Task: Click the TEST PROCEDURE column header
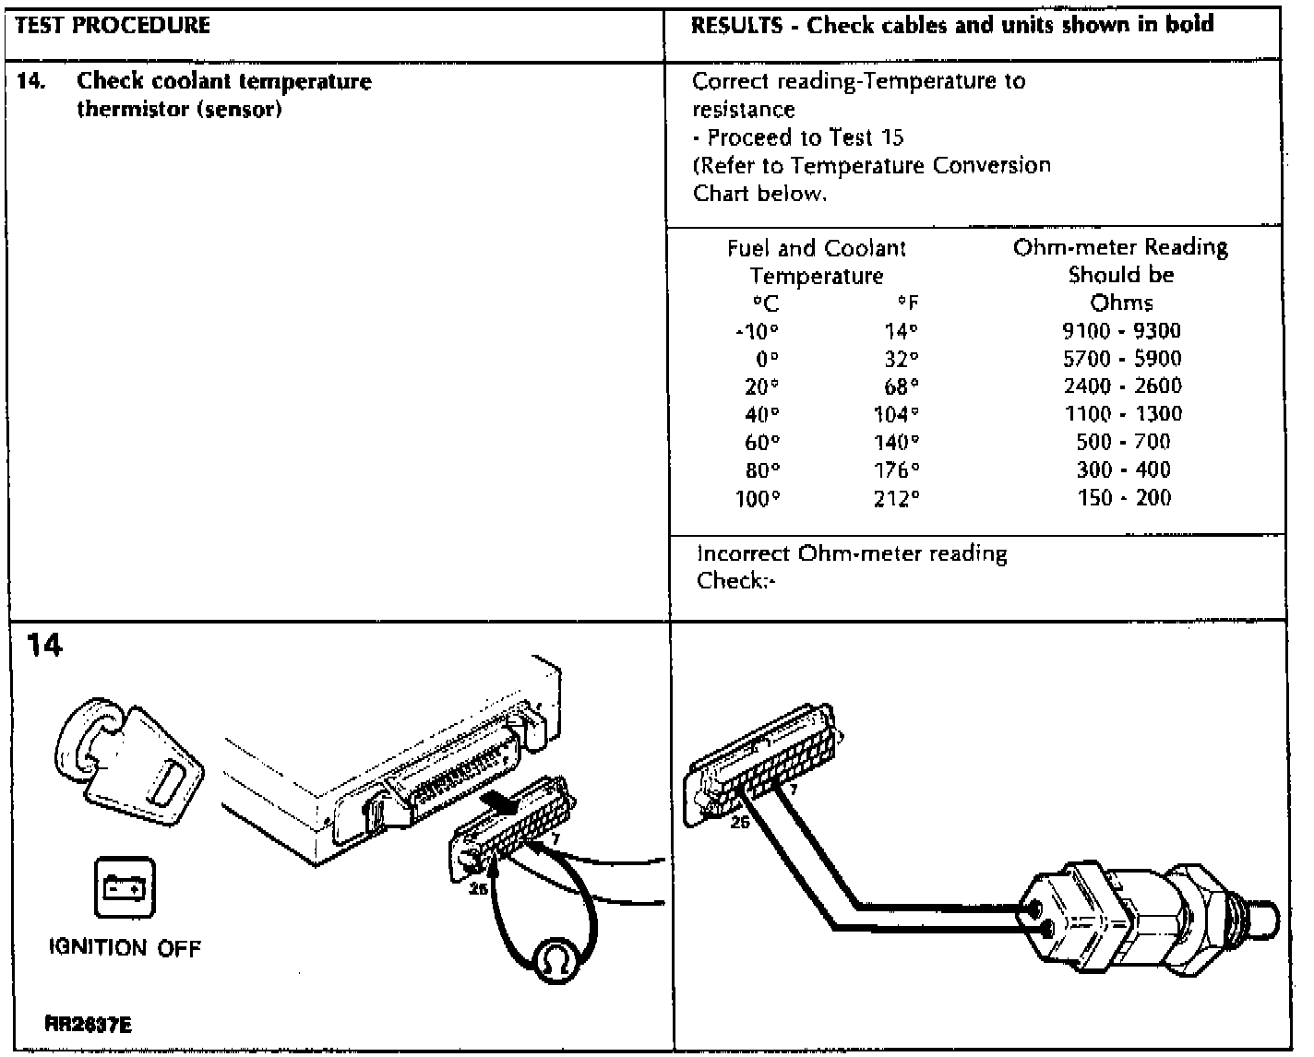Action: [113, 25]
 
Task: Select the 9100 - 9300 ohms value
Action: [1121, 331]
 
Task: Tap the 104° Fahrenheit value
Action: [896, 415]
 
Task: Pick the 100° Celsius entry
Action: [758, 499]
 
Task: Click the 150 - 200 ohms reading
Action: [1123, 498]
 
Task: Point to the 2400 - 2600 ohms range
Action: [1122, 386]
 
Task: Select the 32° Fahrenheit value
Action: [901, 359]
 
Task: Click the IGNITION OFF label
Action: [125, 947]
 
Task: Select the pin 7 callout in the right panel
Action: [793, 790]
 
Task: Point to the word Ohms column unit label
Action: [1121, 303]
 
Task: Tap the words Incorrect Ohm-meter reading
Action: [852, 554]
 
